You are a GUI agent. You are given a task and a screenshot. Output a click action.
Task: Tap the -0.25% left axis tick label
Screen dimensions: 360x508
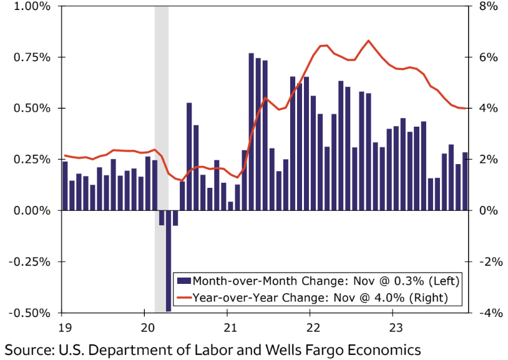[29, 261]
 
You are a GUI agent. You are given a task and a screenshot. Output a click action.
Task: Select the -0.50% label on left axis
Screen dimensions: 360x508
[29, 313]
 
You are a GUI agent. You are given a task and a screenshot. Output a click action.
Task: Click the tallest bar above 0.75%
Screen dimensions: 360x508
[251, 131]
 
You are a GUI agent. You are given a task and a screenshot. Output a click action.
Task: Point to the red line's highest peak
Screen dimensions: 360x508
[368, 41]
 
